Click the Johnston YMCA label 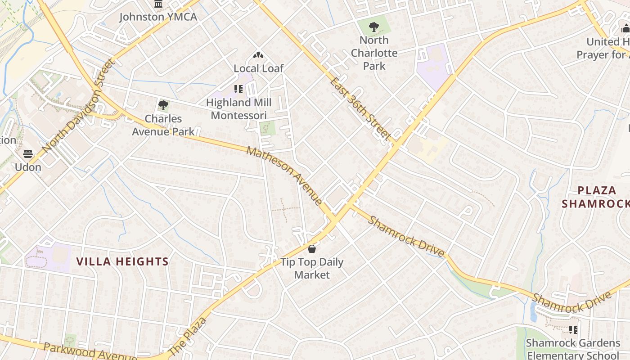pos(158,17)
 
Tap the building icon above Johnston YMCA pos(158,4)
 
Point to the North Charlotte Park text pos(374,53)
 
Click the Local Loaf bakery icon pos(258,56)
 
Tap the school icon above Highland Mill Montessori pos(238,89)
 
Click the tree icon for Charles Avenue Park pos(163,106)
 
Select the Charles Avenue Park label pos(163,125)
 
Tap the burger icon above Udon pos(28,154)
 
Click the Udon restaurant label pos(28,167)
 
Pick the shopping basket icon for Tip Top pos(312,249)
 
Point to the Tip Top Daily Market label pos(312,268)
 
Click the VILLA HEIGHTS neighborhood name pos(122,261)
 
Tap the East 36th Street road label pos(360,108)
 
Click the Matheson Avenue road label pos(284,175)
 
